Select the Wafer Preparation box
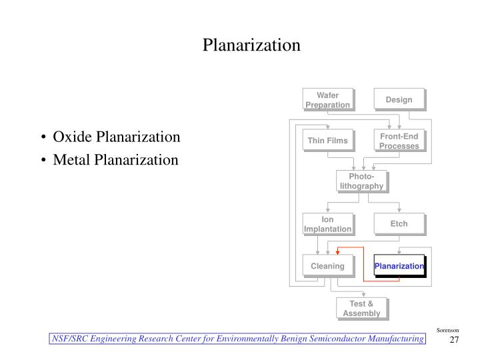327,99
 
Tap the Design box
398,99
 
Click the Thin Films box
327,141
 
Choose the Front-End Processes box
398,141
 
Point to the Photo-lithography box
361,181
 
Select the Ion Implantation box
327,224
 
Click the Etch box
398,224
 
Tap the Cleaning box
327,266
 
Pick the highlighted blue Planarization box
399,266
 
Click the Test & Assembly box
361,308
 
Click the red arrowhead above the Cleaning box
338,252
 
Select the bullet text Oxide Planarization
117,137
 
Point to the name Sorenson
447,331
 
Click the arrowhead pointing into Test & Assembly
364,294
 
